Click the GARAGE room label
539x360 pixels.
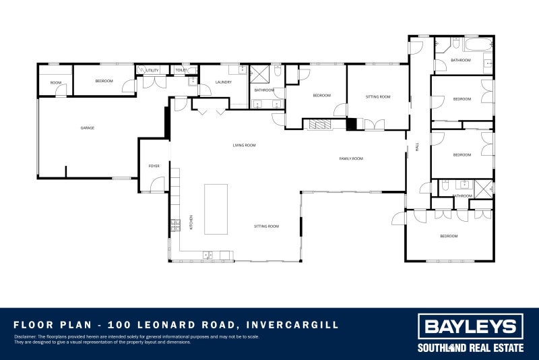pos(87,128)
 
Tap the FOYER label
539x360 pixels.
pos(154,166)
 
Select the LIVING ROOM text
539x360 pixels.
pos(244,145)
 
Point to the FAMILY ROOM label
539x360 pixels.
pos(351,158)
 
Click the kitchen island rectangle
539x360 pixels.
pos(216,209)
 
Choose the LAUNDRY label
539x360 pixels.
pos(224,82)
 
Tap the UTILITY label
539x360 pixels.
pos(152,70)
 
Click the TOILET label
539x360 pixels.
pos(181,70)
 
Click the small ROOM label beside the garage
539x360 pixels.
pos(55,83)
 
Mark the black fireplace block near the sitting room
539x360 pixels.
pos(350,124)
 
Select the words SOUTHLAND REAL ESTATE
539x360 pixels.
pos(470,348)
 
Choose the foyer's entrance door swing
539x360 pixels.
pos(156,183)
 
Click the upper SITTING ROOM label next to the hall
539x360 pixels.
pos(378,97)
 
